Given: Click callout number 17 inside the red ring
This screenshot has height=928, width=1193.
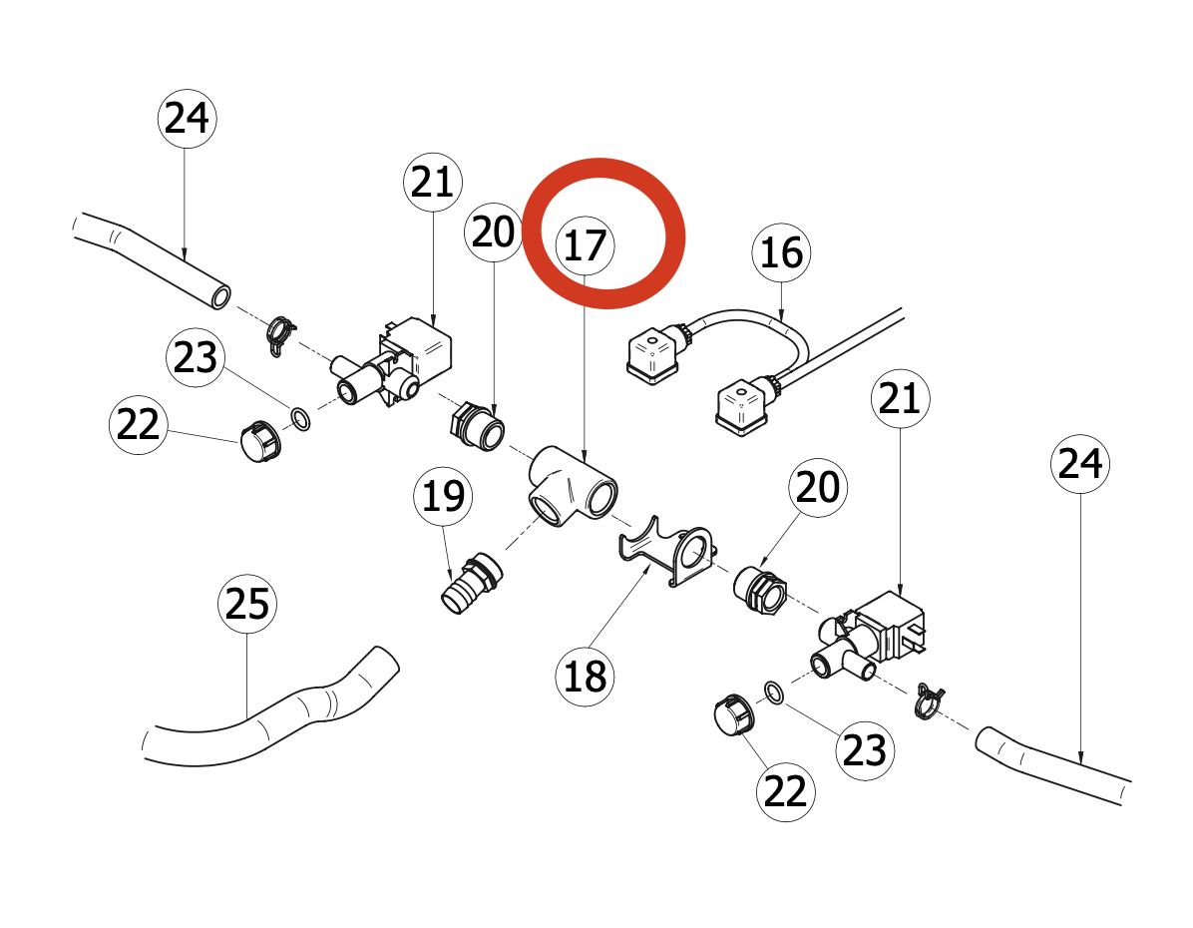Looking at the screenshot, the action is [586, 245].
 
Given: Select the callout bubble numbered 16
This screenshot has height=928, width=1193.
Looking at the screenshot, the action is [781, 252].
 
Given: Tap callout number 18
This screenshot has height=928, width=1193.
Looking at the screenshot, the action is [586, 676].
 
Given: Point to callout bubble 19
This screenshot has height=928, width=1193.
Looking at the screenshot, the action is [443, 496].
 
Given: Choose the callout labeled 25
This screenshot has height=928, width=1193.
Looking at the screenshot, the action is [247, 605].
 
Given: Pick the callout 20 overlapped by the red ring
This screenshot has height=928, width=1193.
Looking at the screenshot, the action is [494, 232].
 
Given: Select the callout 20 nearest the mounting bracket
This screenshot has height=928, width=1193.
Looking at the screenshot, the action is [818, 488].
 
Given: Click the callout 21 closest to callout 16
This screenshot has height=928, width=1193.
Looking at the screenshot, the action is [900, 399].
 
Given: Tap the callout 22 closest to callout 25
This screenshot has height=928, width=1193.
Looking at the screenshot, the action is [138, 425].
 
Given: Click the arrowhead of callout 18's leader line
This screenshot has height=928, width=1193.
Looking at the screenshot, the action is [647, 568].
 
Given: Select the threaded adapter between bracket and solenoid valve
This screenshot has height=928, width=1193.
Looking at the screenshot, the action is [760, 590].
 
